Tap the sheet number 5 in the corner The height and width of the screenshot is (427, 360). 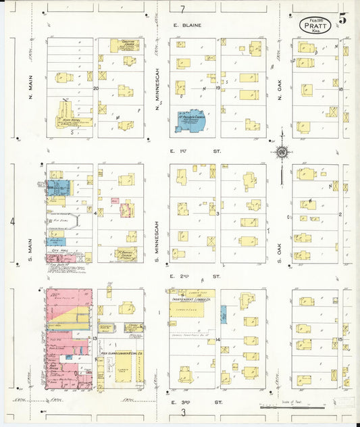point(344,19)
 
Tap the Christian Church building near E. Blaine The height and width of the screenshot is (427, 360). point(124,45)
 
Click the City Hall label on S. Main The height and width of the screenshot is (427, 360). point(61,250)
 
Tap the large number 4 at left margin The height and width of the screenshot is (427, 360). point(11,221)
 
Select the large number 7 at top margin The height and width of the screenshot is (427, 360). point(182,9)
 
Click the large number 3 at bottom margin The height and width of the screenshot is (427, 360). point(182,412)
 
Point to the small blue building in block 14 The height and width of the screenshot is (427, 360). point(224,314)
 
